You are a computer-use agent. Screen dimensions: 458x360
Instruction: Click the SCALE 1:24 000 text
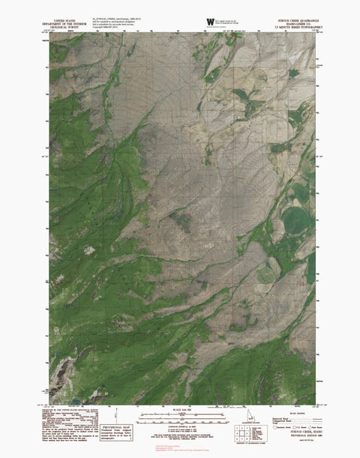[180, 408]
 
